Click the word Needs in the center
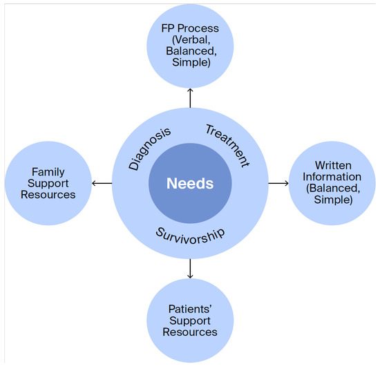pyautogui.click(x=190, y=184)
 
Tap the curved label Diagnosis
pyautogui.click(x=149, y=149)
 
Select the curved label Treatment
pyautogui.click(x=227, y=146)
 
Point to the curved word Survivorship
pyautogui.click(x=191, y=236)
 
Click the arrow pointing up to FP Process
pyautogui.click(x=190, y=98)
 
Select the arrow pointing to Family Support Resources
pyautogui.click(x=102, y=183)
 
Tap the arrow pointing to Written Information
pyautogui.click(x=278, y=183)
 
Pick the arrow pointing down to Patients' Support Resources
pyautogui.click(x=190, y=269)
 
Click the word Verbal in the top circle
pyautogui.click(x=191, y=40)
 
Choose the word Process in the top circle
pyautogui.click(x=198, y=28)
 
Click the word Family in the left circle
pyautogui.click(x=48, y=172)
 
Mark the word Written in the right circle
pyautogui.click(x=333, y=166)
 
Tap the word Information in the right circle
pyautogui.click(x=332, y=177)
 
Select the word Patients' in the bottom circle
pyautogui.click(x=190, y=309)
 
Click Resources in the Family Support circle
pyautogui.click(x=48, y=195)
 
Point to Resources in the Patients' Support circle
pyautogui.click(x=190, y=332)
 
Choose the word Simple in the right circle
pyautogui.click(x=333, y=200)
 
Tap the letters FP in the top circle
pyautogui.click(x=168, y=28)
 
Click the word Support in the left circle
pyautogui.click(x=48, y=184)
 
